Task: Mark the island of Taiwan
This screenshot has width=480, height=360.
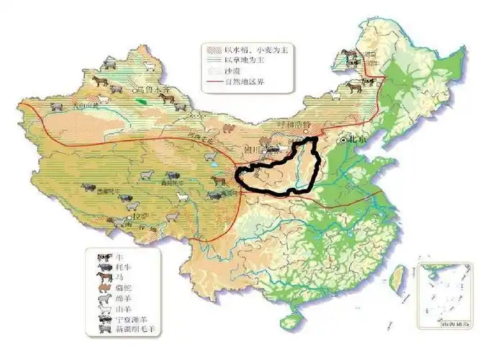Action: [x=395, y=277]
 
